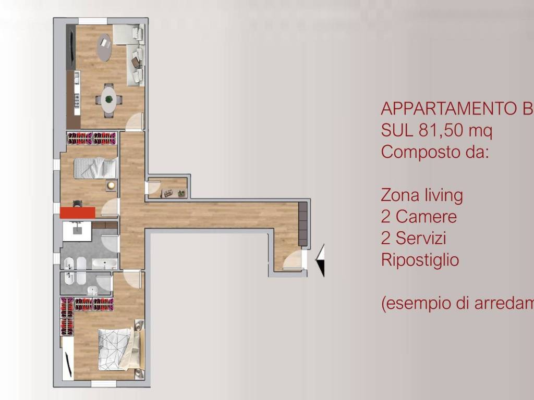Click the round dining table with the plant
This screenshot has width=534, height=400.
(108, 99)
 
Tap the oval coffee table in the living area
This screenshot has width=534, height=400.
(104, 47)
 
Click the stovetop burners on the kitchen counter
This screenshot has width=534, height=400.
(77, 100)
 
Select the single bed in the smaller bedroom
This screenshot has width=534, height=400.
(95, 168)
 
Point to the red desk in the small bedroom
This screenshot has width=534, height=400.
(77, 212)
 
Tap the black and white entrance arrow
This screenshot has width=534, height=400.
(320, 260)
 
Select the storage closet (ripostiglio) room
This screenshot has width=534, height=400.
(168, 187)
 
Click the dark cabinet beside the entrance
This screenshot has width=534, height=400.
(303, 223)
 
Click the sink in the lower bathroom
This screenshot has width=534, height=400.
(92, 291)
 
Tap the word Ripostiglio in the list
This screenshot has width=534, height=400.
(420, 259)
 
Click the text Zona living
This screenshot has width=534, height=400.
(422, 195)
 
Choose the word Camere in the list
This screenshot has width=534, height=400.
(426, 216)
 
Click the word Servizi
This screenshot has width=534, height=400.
(421, 238)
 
